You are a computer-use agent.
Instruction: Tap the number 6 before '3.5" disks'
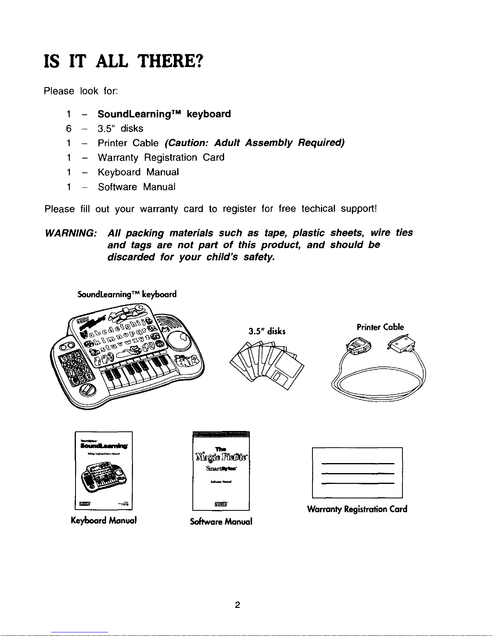(69, 128)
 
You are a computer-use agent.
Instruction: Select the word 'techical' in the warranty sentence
(318, 209)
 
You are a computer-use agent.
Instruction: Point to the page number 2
(238, 605)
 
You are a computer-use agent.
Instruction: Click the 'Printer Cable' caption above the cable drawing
(380, 327)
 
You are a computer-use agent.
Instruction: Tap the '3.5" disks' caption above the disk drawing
(267, 331)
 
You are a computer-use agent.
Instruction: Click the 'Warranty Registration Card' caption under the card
(357, 509)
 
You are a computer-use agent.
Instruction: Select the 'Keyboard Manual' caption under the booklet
(104, 521)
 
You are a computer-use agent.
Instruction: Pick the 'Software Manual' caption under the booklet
(221, 522)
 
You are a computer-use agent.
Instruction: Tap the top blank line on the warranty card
(357, 463)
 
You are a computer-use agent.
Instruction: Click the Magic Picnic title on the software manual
(221, 457)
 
